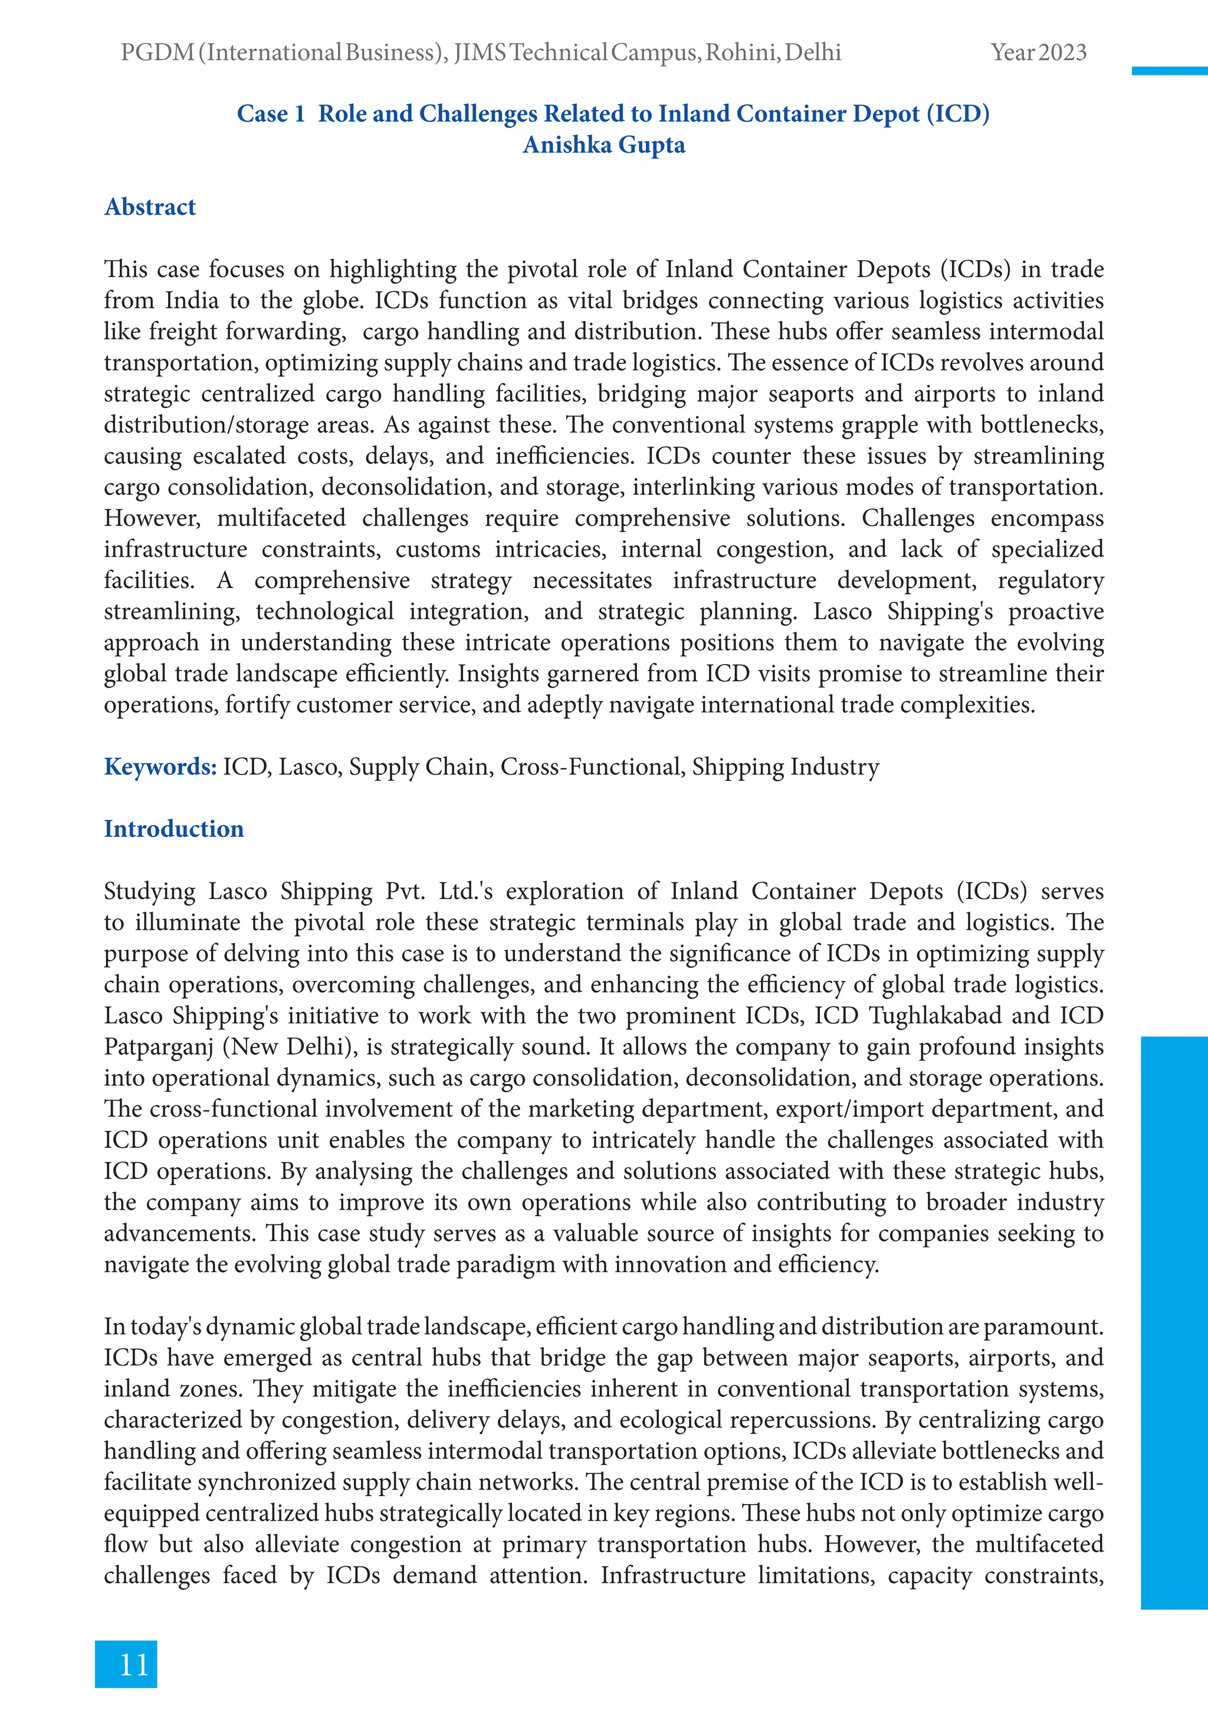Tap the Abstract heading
point(149,207)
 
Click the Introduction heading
point(173,829)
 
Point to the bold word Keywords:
point(160,767)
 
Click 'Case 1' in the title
point(270,113)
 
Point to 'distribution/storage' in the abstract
point(205,425)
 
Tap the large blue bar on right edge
point(1174,1321)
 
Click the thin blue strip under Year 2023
point(1169,71)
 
